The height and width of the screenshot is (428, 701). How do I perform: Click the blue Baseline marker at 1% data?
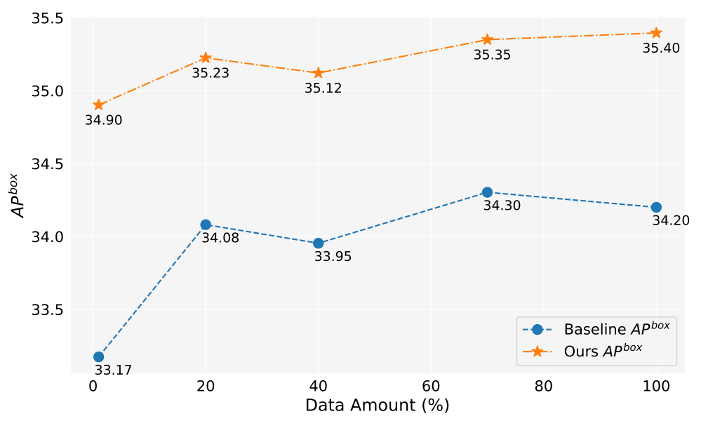tap(98, 357)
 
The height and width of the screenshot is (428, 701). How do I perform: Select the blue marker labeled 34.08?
tap(206, 225)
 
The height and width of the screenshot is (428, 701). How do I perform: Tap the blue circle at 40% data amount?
tap(318, 243)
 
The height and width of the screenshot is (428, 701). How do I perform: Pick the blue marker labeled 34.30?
tap(487, 192)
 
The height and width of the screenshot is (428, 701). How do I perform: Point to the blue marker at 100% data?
tap(656, 207)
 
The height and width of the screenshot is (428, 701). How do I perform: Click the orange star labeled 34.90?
tap(98, 105)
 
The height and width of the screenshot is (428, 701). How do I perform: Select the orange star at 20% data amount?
tap(206, 58)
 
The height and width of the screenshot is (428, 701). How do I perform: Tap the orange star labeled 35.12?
tap(318, 73)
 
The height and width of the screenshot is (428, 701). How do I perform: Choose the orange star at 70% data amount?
tap(487, 40)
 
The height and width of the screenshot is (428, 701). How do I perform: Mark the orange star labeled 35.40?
tap(656, 33)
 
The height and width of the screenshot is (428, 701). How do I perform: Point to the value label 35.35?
tap(492, 55)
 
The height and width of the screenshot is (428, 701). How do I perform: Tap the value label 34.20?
tap(670, 221)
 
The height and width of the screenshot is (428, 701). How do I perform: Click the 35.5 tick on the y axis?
tap(47, 18)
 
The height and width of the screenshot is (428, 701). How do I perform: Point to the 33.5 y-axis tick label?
tap(47, 310)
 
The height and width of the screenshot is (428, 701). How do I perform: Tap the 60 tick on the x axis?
tap(431, 385)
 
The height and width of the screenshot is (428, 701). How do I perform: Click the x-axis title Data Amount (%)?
tap(377, 406)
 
